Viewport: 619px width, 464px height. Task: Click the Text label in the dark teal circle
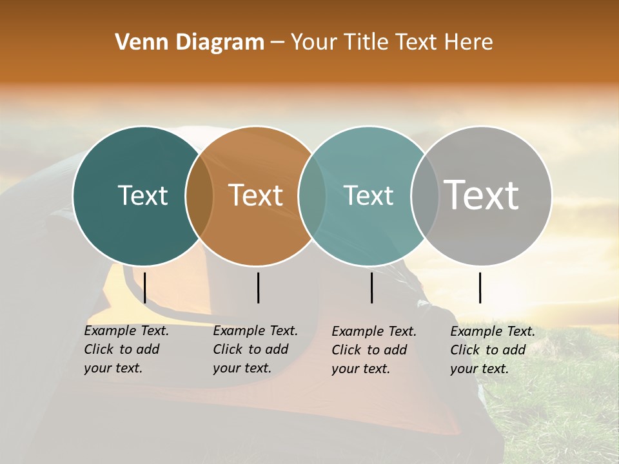click(x=142, y=195)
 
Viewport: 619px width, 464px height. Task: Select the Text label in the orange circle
click(x=256, y=195)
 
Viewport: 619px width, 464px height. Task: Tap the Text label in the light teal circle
click(x=369, y=195)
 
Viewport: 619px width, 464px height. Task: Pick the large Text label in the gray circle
click(x=482, y=195)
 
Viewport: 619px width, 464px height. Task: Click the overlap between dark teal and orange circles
click(x=199, y=195)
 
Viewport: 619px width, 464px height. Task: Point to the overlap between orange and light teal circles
click(x=312, y=195)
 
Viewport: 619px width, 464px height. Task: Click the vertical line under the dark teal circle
click(x=145, y=287)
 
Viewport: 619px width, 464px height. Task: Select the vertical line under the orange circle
click(x=258, y=287)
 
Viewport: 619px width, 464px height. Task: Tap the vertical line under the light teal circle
click(x=371, y=287)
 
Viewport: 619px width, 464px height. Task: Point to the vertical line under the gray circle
click(x=480, y=287)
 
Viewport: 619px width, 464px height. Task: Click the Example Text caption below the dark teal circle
click(x=126, y=349)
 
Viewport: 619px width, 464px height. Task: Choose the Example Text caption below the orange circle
click(x=255, y=349)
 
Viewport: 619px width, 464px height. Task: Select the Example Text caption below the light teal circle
click(x=373, y=350)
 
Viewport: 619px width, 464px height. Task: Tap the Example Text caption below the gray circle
click(x=492, y=350)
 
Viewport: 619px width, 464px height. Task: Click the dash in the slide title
click(x=277, y=43)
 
